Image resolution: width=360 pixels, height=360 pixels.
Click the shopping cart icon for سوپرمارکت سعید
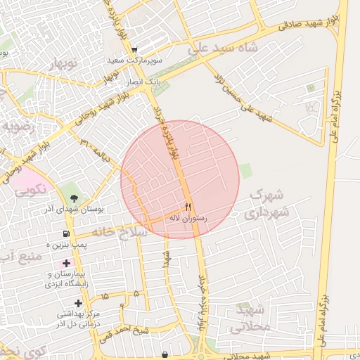coord(134,49)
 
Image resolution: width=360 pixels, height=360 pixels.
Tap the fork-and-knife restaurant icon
coord(187,207)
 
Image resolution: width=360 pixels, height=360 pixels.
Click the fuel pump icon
coord(66,233)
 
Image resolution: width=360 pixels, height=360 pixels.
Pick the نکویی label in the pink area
coord(30,188)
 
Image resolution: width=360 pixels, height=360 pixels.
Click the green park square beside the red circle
coord(245,171)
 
